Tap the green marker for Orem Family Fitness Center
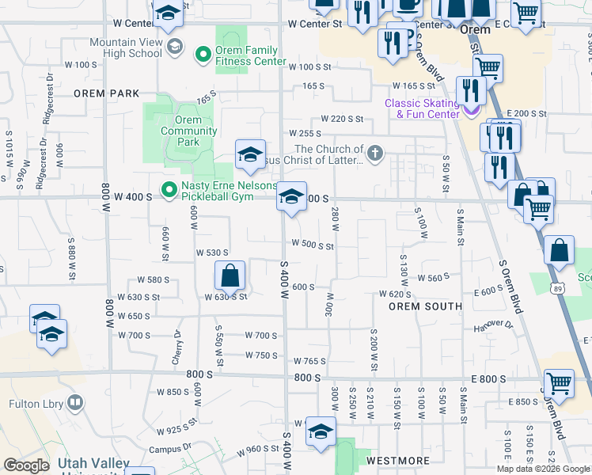pyautogui.click(x=203, y=54)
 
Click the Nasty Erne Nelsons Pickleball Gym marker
pyautogui.click(x=169, y=190)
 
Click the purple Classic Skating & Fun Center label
pyautogui.click(x=422, y=108)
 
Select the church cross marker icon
pyautogui.click(x=375, y=153)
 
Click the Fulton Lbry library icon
pyautogui.click(x=75, y=404)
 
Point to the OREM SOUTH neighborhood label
pyautogui.click(x=425, y=306)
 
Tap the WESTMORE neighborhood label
pyautogui.click(x=398, y=460)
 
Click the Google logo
pyautogui.click(x=26, y=465)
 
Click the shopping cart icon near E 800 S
pyautogui.click(x=559, y=383)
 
